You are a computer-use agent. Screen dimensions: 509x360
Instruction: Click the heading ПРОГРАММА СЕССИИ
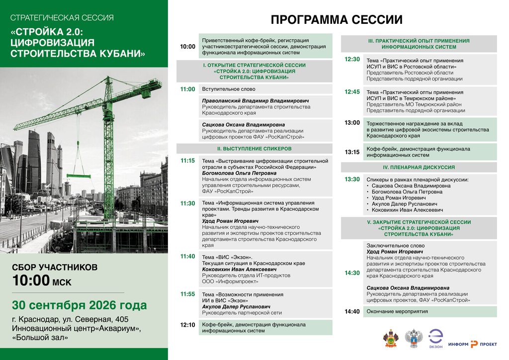tap(337, 20)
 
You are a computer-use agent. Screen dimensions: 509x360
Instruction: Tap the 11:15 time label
tap(187, 161)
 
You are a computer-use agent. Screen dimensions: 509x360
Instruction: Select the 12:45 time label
tap(352, 92)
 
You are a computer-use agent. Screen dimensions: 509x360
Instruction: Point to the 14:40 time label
tap(352, 312)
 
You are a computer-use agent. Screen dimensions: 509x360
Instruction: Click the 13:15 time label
tap(352, 152)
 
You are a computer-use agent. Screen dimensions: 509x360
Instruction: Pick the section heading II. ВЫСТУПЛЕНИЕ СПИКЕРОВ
tap(254, 149)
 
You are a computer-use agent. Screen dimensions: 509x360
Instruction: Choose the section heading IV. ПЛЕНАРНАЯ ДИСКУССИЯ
tap(419, 168)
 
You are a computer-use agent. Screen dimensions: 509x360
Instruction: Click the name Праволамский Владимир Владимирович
tap(255, 101)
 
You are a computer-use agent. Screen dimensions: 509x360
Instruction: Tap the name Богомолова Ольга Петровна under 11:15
tap(239, 174)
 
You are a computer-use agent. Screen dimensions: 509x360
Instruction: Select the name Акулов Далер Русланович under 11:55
tap(236, 307)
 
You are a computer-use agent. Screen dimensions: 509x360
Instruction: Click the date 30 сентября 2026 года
tap(80, 305)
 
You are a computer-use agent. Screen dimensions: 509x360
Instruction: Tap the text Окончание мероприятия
tap(397, 312)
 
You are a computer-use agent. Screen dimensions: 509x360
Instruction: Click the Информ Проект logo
tap(473, 344)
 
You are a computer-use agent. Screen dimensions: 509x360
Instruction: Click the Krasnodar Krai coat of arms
tap(391, 339)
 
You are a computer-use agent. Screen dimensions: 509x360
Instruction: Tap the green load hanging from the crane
tap(79, 176)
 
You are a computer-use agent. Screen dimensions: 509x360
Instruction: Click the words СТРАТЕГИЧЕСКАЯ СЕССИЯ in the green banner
tap(62, 18)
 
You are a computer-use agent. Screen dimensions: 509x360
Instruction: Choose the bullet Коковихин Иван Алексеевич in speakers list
tap(408, 210)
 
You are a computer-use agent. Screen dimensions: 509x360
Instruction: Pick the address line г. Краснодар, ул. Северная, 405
tap(70, 319)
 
